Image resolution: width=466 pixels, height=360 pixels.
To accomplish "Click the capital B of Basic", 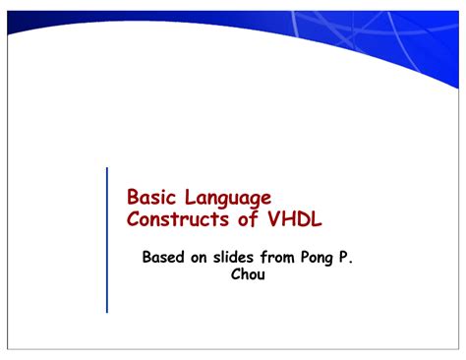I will (x=134, y=198).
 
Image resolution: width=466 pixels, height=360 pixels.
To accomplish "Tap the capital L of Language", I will (x=191, y=198).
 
